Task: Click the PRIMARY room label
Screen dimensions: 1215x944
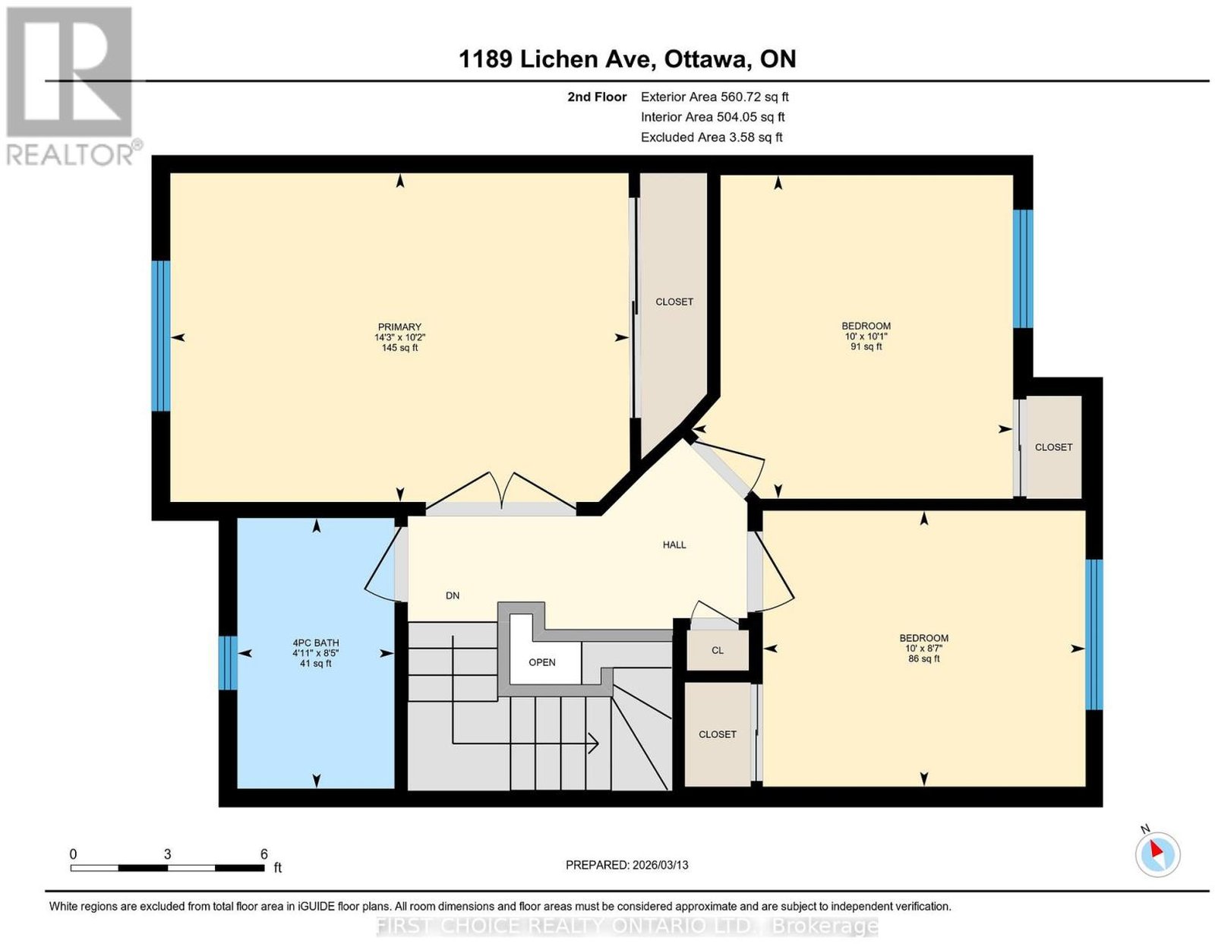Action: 399,327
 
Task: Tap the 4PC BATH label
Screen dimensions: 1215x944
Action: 316,642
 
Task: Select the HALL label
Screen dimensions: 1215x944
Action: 674,545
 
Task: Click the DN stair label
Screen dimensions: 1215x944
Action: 453,596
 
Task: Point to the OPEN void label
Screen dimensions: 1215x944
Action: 541,662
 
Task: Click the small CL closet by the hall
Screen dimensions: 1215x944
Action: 718,650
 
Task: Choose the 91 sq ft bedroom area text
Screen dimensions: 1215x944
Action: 866,346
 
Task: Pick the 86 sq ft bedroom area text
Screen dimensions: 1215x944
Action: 923,658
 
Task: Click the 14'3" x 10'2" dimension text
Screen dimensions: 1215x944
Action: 399,337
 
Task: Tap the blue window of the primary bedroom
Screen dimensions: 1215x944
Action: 161,336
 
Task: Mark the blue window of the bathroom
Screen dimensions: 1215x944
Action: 228,663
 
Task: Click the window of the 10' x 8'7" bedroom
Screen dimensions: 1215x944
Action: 1093,634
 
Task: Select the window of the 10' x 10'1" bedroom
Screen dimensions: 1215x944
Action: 1023,269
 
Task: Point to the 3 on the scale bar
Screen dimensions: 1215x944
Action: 167,854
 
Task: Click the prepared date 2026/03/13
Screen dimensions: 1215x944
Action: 660,865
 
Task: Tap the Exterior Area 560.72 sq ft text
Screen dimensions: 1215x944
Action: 715,96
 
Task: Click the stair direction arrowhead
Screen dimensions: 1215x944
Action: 594,744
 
